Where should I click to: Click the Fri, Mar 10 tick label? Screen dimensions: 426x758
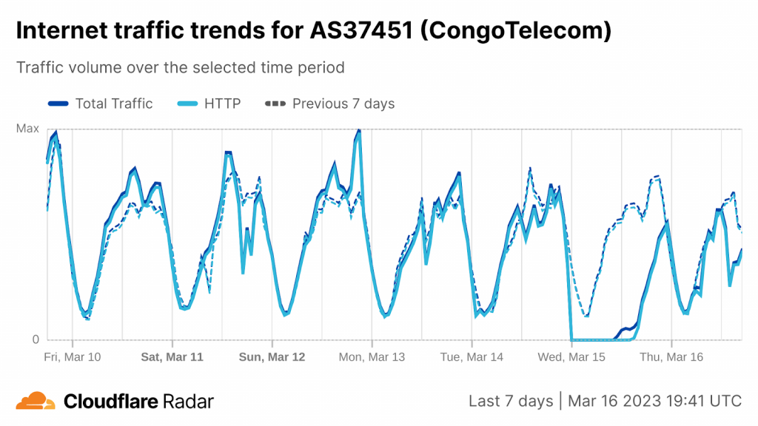click(73, 356)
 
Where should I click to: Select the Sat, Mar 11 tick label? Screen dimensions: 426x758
click(172, 356)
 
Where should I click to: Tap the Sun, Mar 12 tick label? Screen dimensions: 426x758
click(272, 356)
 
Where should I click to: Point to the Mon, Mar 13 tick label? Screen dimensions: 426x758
click(372, 356)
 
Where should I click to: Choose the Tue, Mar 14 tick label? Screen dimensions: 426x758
click(472, 356)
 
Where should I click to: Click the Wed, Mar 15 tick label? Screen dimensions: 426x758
click(571, 356)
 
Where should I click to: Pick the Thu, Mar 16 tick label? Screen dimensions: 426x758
click(671, 356)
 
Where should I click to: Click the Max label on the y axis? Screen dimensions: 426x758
click(27, 129)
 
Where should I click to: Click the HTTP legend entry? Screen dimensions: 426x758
click(209, 104)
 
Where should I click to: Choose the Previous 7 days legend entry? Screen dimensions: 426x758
click(330, 104)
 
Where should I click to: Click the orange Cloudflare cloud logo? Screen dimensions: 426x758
click(36, 402)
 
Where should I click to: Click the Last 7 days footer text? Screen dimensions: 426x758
click(511, 401)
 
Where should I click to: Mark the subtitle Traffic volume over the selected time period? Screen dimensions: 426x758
click(180, 67)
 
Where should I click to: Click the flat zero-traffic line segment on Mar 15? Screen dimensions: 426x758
click(596, 340)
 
